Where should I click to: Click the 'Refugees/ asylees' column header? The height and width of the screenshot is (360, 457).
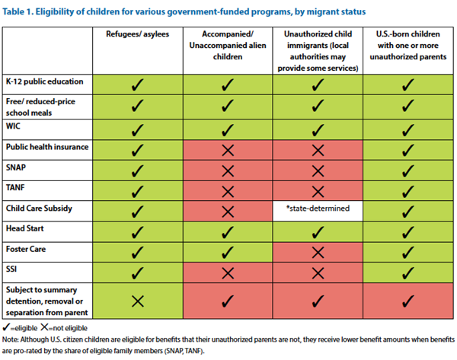click(x=138, y=36)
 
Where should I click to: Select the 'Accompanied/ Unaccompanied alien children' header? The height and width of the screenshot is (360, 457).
click(x=225, y=41)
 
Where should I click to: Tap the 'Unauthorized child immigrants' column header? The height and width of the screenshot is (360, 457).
click(x=318, y=46)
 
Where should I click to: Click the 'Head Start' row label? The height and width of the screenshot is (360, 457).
click(x=27, y=228)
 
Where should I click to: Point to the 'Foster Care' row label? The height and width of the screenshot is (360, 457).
click(x=28, y=249)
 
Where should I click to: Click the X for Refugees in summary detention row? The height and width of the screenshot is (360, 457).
click(x=138, y=300)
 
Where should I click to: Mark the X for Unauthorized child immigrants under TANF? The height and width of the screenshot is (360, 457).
click(x=318, y=187)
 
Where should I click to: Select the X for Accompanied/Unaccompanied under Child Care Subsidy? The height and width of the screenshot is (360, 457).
click(x=225, y=208)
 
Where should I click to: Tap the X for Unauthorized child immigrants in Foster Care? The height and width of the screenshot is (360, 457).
click(x=318, y=249)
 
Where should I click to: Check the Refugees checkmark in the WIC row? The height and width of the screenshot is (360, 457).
click(x=138, y=126)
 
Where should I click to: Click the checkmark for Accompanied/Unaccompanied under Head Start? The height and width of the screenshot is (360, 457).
click(x=225, y=228)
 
